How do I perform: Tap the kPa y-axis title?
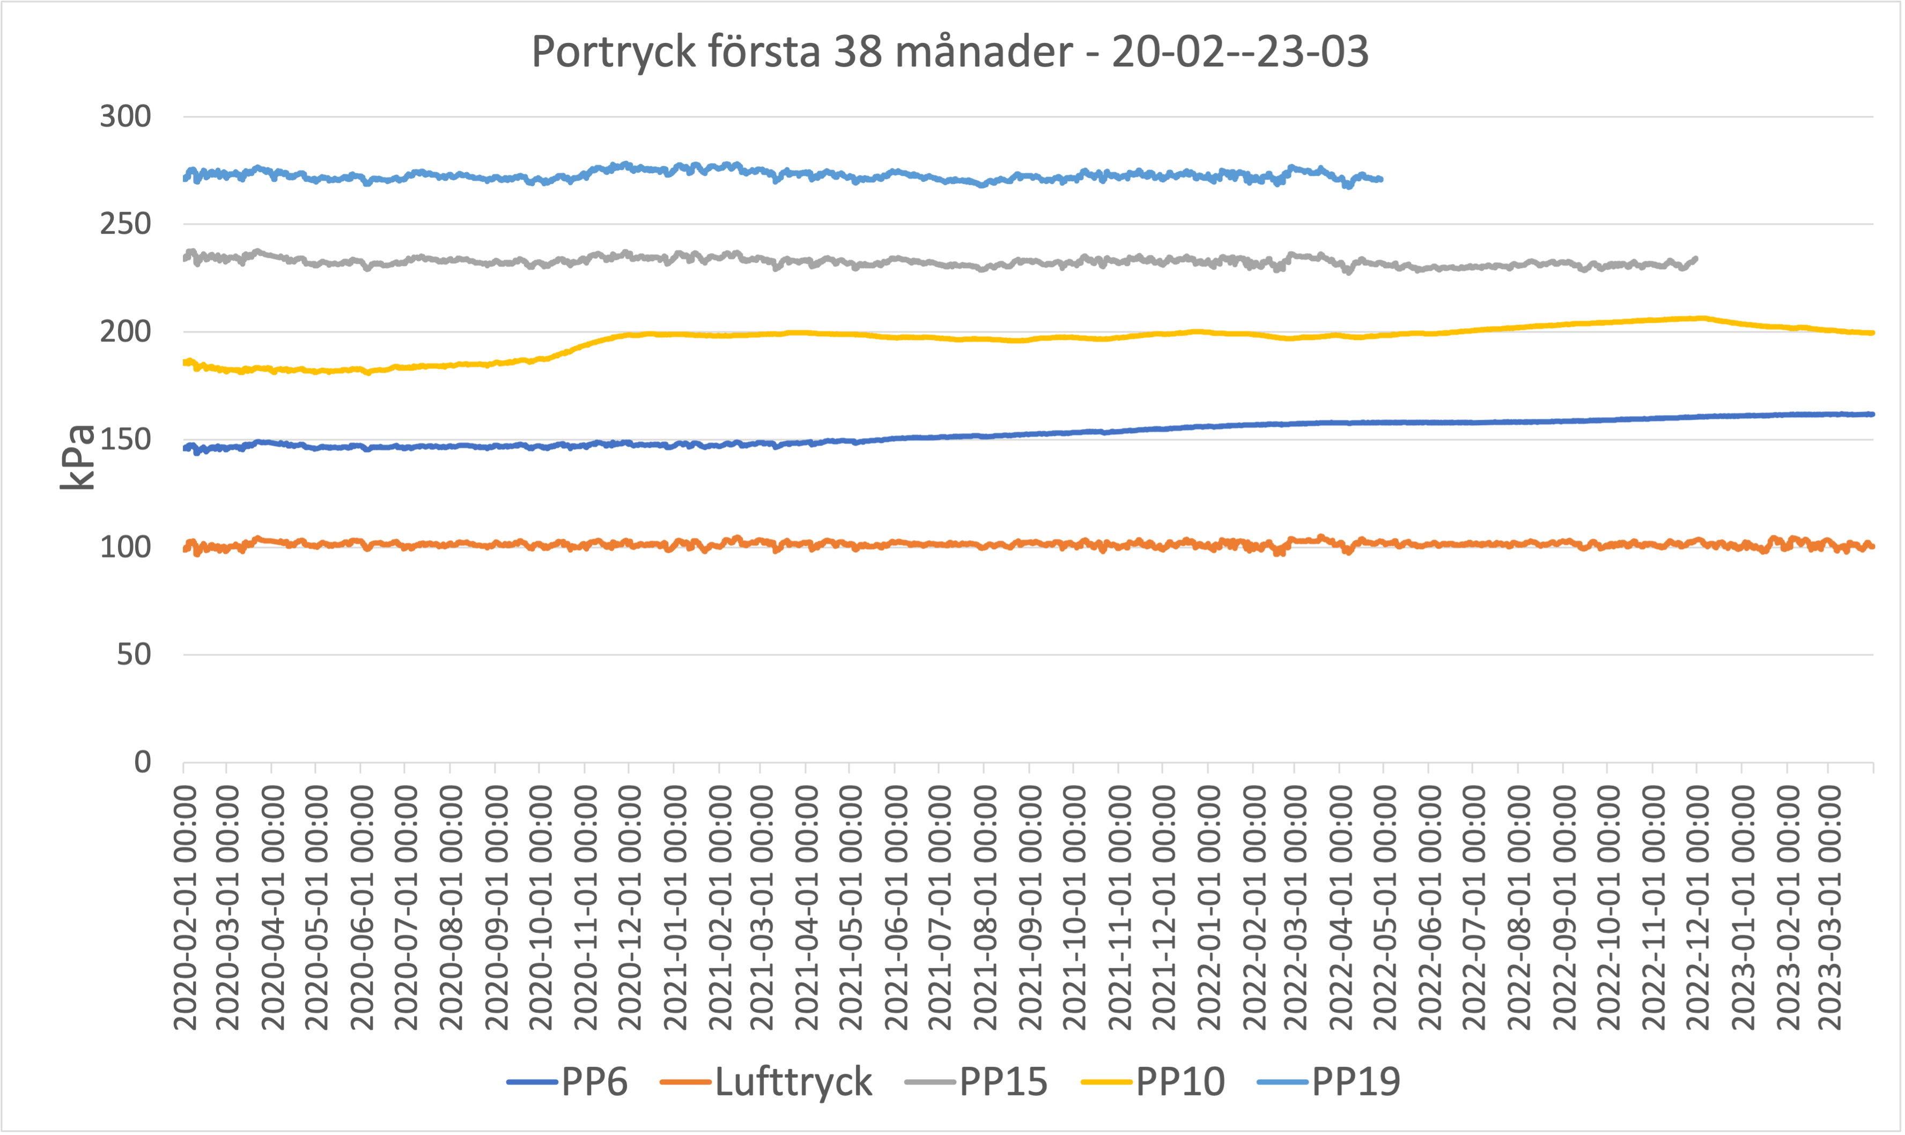coord(78,457)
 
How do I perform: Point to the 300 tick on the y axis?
coord(125,117)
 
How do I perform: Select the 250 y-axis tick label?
coord(125,224)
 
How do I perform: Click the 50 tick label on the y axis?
coord(134,655)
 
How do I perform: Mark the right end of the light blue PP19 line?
coord(1381,179)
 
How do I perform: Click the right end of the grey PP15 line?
coord(1696,258)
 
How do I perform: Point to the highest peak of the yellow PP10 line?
coord(1700,317)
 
